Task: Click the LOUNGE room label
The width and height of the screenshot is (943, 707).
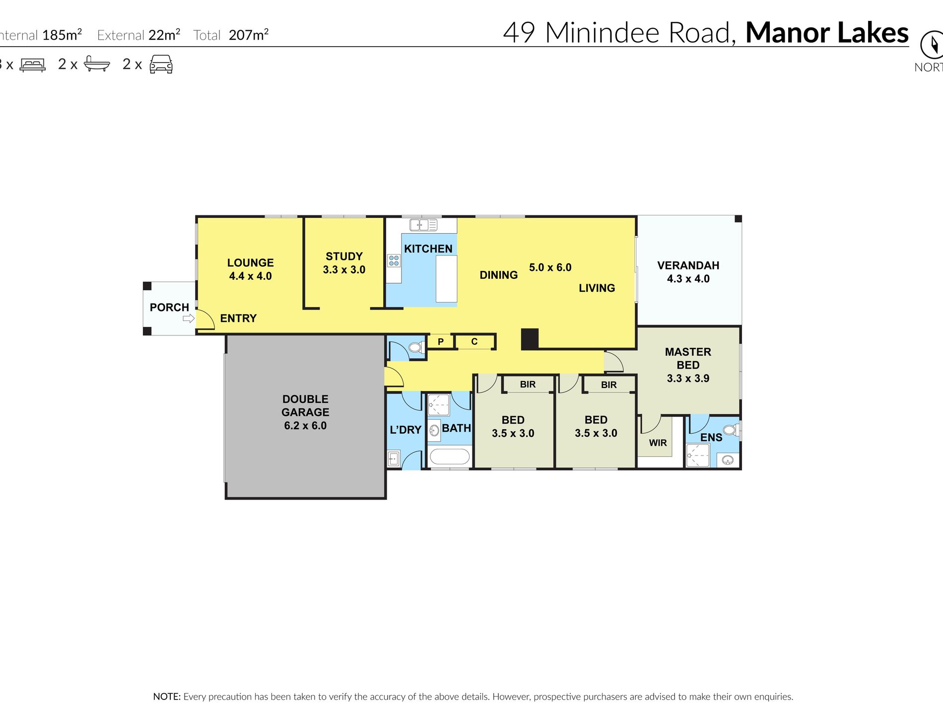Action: pyautogui.click(x=250, y=263)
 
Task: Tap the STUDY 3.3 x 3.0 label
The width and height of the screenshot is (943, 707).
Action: pyautogui.click(x=344, y=263)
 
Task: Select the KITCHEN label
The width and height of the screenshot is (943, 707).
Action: pyautogui.click(x=428, y=249)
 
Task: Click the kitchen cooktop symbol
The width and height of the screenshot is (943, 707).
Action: pyautogui.click(x=394, y=260)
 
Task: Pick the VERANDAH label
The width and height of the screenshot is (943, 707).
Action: pyautogui.click(x=688, y=265)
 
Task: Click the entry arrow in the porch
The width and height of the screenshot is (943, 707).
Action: pyautogui.click(x=189, y=319)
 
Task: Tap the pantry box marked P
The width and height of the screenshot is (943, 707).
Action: pyautogui.click(x=440, y=341)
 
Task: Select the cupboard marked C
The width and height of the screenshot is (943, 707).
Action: pyautogui.click(x=474, y=341)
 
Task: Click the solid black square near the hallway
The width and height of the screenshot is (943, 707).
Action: pyautogui.click(x=530, y=339)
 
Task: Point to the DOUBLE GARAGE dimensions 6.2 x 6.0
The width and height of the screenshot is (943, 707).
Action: pyautogui.click(x=305, y=426)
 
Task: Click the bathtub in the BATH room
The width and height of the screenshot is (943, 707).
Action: pyautogui.click(x=449, y=456)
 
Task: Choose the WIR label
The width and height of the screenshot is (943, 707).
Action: pyautogui.click(x=658, y=443)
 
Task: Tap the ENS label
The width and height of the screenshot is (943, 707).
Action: pyautogui.click(x=711, y=438)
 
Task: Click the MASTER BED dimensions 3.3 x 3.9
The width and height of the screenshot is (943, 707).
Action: pyautogui.click(x=688, y=379)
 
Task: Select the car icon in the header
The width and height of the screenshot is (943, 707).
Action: pyautogui.click(x=161, y=64)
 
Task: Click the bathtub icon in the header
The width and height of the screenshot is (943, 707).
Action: pyautogui.click(x=97, y=64)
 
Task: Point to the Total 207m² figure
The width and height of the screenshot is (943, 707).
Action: pyautogui.click(x=231, y=35)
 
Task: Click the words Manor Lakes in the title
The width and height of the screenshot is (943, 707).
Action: pyautogui.click(x=827, y=33)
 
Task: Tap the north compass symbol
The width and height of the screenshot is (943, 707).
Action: pyautogui.click(x=932, y=45)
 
